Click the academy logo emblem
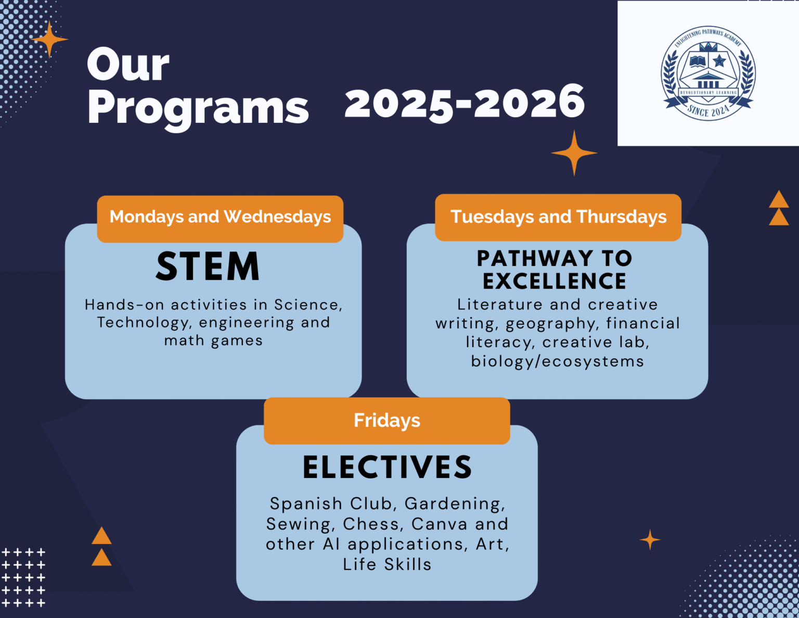click(x=708, y=73)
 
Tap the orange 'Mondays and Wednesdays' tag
click(x=220, y=217)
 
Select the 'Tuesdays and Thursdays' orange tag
click(x=558, y=217)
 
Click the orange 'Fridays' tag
click(x=386, y=420)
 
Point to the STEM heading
click(x=208, y=267)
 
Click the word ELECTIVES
click(x=388, y=467)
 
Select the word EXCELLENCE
click(x=555, y=281)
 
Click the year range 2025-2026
click(x=465, y=103)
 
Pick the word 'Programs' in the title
click(x=198, y=108)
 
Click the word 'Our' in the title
click(x=128, y=65)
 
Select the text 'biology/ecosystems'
click(x=557, y=361)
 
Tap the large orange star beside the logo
click(x=574, y=153)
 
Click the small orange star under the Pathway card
click(x=650, y=540)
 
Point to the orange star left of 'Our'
click(x=49, y=39)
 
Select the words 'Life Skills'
click(x=387, y=564)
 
